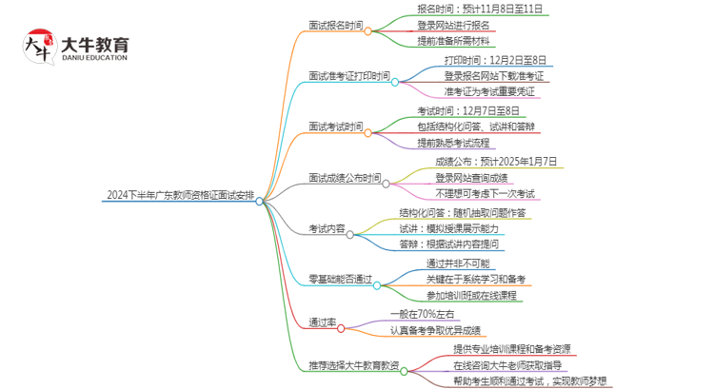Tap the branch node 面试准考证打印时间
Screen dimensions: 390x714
click(349, 76)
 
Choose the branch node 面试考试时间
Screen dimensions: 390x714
click(336, 127)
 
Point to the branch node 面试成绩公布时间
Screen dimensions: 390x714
click(345, 178)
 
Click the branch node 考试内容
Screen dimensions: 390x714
click(327, 228)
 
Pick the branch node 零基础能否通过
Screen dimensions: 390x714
click(339, 280)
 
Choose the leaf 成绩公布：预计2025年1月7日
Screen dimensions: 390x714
click(489, 161)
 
